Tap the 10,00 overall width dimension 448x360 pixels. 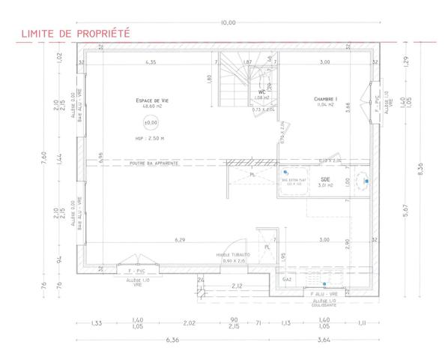point(226,22)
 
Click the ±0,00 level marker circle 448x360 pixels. point(151,121)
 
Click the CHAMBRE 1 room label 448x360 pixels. point(324,99)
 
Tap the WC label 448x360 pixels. point(262,92)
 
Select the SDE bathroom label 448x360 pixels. point(324,180)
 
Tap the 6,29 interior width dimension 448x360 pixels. point(180,240)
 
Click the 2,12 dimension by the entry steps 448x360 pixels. point(237,286)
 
